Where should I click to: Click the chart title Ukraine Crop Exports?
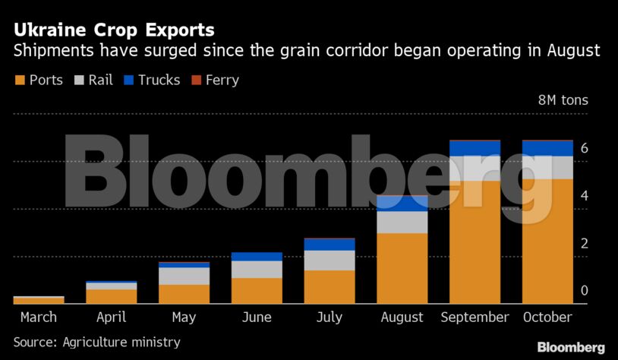tap(113, 30)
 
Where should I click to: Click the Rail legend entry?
tap(93, 80)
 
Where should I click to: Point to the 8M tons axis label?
tap(563, 100)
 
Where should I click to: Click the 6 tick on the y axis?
tap(585, 149)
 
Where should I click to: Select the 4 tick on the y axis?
tap(585, 196)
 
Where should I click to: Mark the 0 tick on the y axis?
tap(585, 291)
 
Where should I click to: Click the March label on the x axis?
tap(38, 317)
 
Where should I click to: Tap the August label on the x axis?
tap(402, 317)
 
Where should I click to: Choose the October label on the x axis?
tap(547, 317)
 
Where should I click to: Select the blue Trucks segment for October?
tap(547, 147)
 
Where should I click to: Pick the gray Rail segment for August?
tap(402, 222)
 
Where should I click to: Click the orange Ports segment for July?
tap(329, 287)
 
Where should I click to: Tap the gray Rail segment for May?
tap(184, 276)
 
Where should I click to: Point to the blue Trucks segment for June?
tap(257, 257)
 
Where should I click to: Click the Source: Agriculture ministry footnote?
tap(96, 343)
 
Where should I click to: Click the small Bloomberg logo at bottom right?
tap(571, 347)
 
